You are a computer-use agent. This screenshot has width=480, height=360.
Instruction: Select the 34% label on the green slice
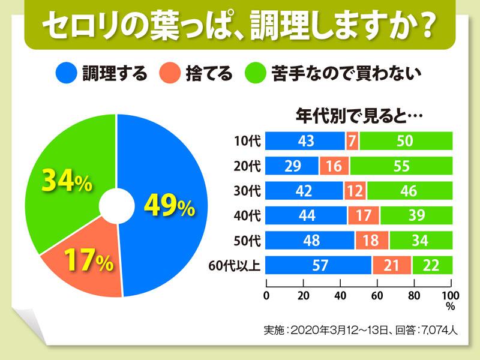pyautogui.click(x=66, y=181)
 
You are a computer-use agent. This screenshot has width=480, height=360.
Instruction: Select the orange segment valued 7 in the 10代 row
pyautogui.click(x=352, y=141)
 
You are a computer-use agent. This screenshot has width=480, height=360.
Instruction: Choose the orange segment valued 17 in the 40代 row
pyautogui.click(x=364, y=215)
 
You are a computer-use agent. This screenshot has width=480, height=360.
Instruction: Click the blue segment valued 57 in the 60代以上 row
pyautogui.click(x=319, y=264)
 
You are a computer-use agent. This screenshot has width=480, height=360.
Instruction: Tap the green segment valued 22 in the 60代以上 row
pyautogui.click(x=432, y=264)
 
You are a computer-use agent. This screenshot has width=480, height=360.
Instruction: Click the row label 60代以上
pyautogui.click(x=239, y=265)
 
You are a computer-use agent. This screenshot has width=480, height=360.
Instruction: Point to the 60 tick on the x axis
pyautogui.click(x=377, y=295)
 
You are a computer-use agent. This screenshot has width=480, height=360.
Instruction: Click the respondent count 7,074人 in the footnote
pyautogui.click(x=445, y=330)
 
